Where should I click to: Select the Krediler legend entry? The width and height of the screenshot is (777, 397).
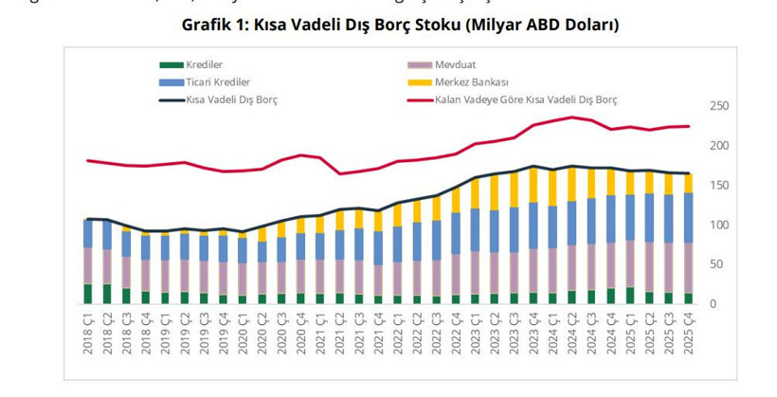pyautogui.click(x=204, y=64)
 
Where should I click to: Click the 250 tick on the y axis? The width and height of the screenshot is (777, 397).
pyautogui.click(x=719, y=106)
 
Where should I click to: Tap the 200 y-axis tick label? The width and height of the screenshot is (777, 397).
pyautogui.click(x=719, y=146)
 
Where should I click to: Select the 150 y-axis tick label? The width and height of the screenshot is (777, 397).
pyautogui.click(x=719, y=186)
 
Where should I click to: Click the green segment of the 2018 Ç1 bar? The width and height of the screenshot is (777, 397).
pyautogui.click(x=88, y=294)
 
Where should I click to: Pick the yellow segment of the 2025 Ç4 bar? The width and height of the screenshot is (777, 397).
pyautogui.click(x=688, y=183)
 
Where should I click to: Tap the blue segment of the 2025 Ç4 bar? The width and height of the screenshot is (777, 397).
pyautogui.click(x=688, y=218)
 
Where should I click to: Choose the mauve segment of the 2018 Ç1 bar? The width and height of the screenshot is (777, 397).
pyautogui.click(x=88, y=266)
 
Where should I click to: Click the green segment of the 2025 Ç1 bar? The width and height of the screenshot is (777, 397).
pyautogui.click(x=630, y=295)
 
